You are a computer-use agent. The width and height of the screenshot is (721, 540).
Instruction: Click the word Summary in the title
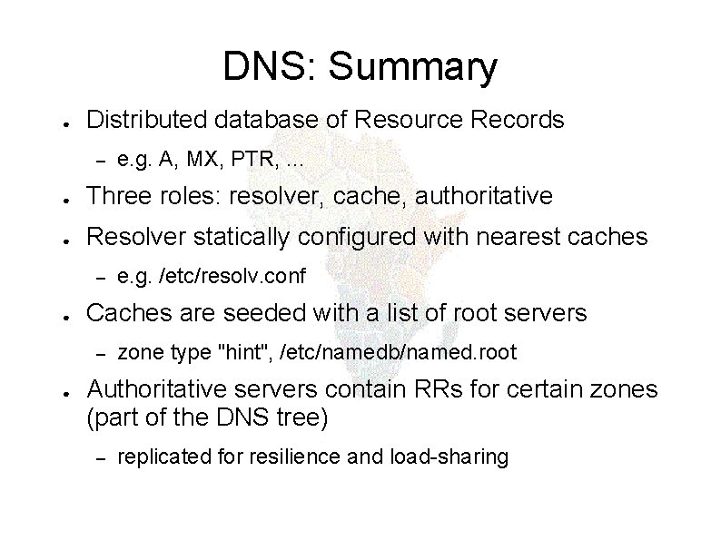click(413, 68)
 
